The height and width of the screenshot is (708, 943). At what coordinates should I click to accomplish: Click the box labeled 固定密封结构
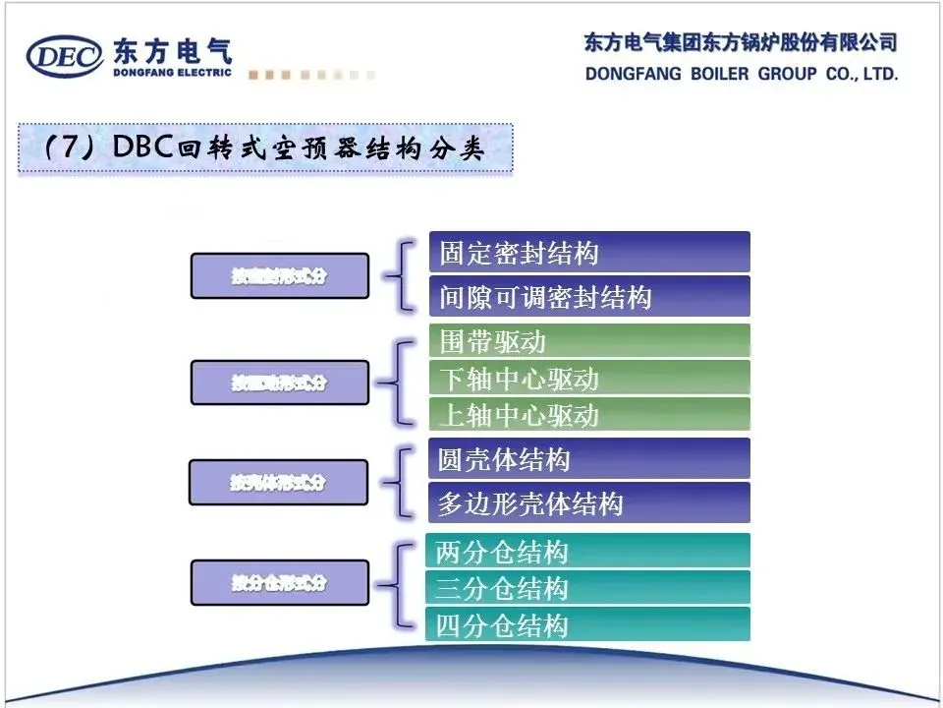click(x=588, y=253)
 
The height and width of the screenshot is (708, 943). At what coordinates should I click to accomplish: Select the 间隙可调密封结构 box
click(x=588, y=296)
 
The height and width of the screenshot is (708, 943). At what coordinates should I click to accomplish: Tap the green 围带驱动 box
click(x=588, y=341)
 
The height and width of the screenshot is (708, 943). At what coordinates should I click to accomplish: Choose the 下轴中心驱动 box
click(x=588, y=379)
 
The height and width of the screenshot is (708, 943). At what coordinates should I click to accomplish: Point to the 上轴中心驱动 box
click(x=588, y=414)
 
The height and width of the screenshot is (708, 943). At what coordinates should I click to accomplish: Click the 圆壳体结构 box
click(x=588, y=459)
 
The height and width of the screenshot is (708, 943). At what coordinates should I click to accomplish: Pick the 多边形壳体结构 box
click(x=588, y=503)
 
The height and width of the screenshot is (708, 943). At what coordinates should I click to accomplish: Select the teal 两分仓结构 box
click(x=587, y=551)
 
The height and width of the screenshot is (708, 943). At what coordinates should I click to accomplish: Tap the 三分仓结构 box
click(x=587, y=588)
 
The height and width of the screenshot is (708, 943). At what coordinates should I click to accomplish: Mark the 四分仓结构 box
click(x=587, y=624)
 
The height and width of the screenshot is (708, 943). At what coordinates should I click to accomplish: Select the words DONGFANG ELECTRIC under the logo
click(x=173, y=72)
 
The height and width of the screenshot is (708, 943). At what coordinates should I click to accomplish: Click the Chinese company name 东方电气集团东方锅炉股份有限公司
click(x=741, y=42)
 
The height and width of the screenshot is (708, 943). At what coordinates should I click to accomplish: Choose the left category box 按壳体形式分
click(x=279, y=483)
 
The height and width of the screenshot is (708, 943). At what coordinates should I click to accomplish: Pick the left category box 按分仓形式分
click(x=279, y=583)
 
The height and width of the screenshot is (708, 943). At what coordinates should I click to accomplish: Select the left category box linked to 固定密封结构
click(x=279, y=276)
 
